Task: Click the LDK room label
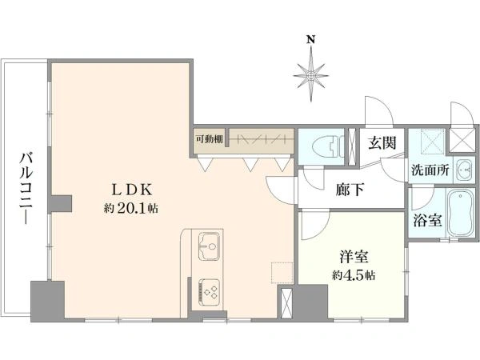(131, 190)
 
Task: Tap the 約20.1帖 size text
(131, 209)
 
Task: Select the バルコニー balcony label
(26, 188)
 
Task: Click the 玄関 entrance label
(382, 142)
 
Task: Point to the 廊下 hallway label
(350, 190)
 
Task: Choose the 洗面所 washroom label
(430, 170)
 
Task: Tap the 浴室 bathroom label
(427, 220)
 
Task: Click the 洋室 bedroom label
(354, 257)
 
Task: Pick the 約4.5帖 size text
(354, 275)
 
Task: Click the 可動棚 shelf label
(210, 139)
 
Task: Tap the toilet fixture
(327, 147)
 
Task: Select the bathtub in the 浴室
(460, 213)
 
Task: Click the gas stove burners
(210, 291)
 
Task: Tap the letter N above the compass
(311, 39)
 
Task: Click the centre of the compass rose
(311, 75)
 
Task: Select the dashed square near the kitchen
(282, 273)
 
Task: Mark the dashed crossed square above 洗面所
(433, 139)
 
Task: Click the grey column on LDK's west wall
(62, 203)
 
